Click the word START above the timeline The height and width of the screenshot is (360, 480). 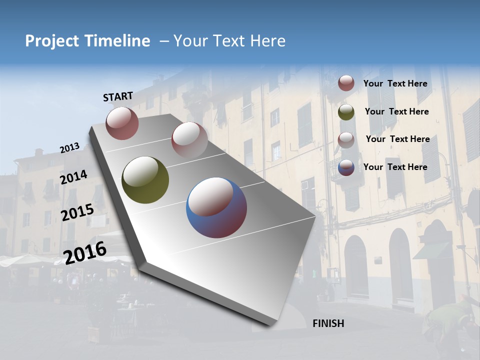(x=118, y=96)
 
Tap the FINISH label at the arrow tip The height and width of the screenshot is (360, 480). (x=328, y=323)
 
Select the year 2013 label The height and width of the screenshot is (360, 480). (x=70, y=148)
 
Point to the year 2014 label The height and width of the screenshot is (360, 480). (x=73, y=177)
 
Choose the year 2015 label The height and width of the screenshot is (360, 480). (x=77, y=212)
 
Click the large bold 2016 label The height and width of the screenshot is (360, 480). (x=85, y=252)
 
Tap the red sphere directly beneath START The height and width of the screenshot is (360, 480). (x=122, y=123)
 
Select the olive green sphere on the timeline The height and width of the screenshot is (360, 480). (x=145, y=180)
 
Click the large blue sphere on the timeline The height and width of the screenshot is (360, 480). (x=216, y=207)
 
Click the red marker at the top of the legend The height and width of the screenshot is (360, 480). (x=346, y=83)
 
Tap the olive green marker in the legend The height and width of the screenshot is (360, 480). (x=346, y=112)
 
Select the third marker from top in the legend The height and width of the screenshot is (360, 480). (x=346, y=140)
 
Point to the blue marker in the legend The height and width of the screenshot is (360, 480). (x=346, y=168)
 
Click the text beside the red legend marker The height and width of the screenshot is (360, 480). (x=395, y=84)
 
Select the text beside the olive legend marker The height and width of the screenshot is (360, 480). (x=396, y=111)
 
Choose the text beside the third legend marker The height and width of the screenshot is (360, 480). (x=397, y=139)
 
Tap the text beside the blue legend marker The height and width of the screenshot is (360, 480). (x=395, y=167)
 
